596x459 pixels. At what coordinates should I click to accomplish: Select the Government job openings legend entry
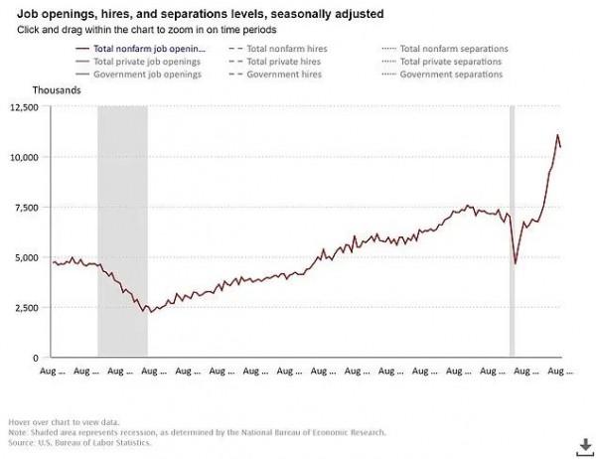tap(148, 76)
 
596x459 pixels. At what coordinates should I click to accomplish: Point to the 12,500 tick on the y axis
tap(23, 107)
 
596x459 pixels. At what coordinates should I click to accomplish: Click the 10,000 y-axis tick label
tap(23, 157)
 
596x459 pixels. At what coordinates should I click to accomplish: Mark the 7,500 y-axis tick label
tap(26, 207)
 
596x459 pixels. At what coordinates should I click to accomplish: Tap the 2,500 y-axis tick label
tap(26, 307)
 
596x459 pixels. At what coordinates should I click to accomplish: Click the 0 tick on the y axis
tap(36, 357)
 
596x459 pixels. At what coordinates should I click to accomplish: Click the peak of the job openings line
tap(557, 135)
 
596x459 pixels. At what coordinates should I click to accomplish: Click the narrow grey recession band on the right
tap(512, 229)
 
